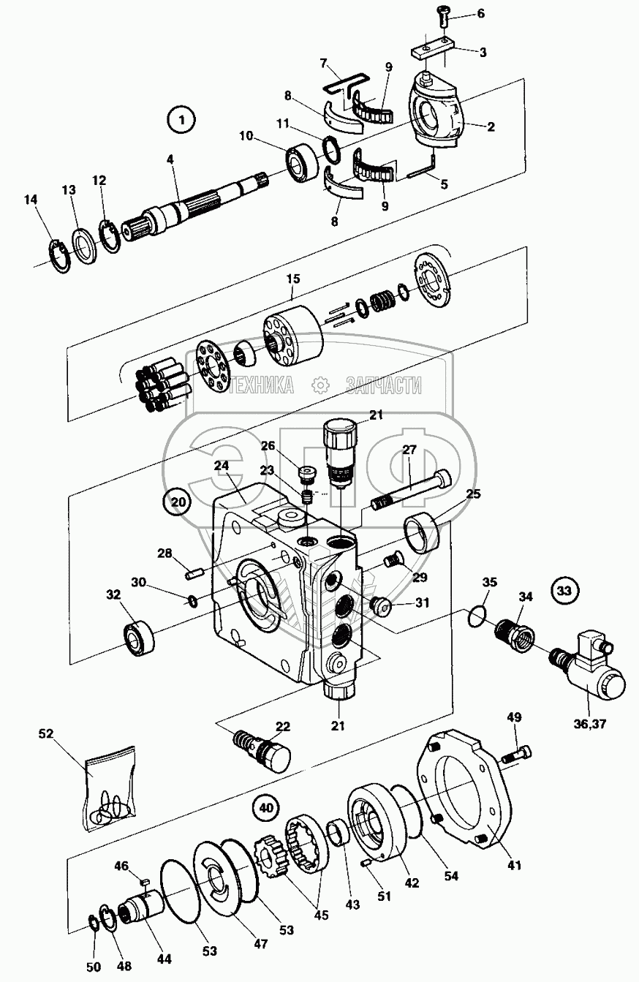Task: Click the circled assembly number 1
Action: click(181, 120)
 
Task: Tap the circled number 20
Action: click(177, 502)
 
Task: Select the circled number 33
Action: click(564, 591)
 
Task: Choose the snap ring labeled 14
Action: click(58, 257)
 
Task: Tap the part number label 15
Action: click(293, 279)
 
